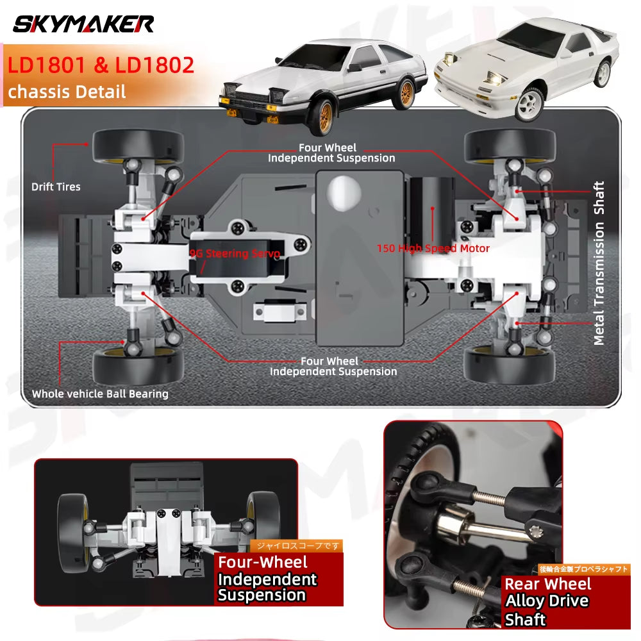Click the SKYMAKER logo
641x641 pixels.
pyautogui.click(x=83, y=24)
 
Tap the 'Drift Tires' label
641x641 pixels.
pyautogui.click(x=56, y=187)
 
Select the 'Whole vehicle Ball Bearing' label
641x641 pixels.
pyautogui.click(x=100, y=394)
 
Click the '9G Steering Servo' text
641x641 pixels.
pyautogui.click(x=235, y=254)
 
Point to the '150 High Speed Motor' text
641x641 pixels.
pyautogui.click(x=433, y=248)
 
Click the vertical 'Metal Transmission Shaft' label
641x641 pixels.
pyautogui.click(x=599, y=263)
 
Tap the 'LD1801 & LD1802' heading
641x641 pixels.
pyautogui.click(x=101, y=65)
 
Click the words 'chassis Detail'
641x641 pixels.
pyautogui.click(x=67, y=91)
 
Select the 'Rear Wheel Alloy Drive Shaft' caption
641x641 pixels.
pyautogui.click(x=547, y=601)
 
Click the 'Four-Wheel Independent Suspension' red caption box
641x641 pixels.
pyautogui.click(x=268, y=579)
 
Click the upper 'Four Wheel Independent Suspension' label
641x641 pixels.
pyautogui.click(x=331, y=153)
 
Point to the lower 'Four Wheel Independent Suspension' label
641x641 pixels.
pyautogui.click(x=333, y=366)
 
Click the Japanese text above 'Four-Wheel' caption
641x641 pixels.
pyautogui.click(x=296, y=546)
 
